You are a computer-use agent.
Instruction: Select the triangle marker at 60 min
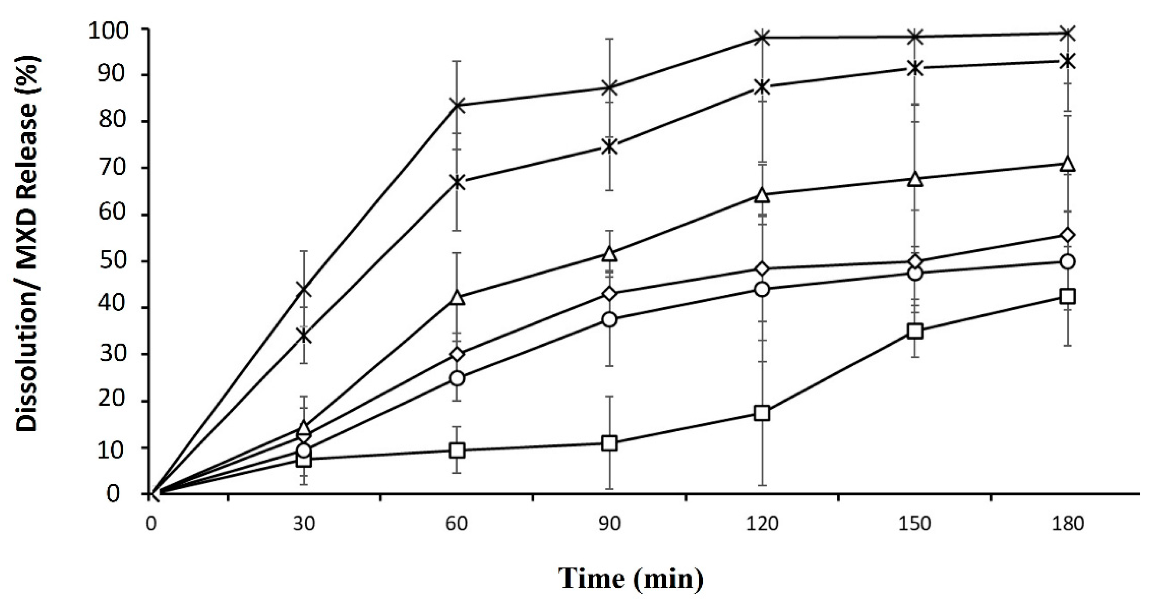point(457,298)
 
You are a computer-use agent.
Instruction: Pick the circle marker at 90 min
point(610,320)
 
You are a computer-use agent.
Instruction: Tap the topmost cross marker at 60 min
point(457,105)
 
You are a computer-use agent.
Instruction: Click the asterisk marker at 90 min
point(610,147)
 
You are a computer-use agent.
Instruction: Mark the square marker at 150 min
point(915,332)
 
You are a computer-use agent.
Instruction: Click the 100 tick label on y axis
point(109,30)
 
